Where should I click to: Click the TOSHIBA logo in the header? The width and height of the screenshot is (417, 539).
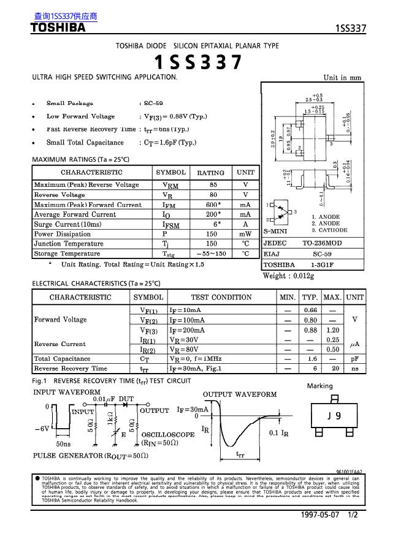click(58, 28)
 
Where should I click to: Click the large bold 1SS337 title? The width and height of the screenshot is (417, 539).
click(197, 62)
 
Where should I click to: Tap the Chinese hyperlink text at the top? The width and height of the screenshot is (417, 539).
click(66, 16)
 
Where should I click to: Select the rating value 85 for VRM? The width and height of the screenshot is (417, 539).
click(213, 185)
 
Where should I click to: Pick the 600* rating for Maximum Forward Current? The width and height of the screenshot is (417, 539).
click(213, 205)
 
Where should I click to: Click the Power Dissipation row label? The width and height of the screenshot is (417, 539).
click(62, 234)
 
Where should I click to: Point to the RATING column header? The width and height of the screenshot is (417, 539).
click(210, 173)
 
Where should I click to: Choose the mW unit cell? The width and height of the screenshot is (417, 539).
click(245, 234)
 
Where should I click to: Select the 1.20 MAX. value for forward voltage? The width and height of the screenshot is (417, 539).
click(332, 330)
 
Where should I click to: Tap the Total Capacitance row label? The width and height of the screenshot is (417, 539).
click(62, 359)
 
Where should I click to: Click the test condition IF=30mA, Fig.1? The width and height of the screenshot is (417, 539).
click(195, 369)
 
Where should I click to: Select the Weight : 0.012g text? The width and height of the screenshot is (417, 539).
click(288, 276)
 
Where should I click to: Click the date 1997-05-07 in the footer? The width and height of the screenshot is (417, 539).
click(321, 515)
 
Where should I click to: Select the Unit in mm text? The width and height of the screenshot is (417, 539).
click(343, 78)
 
